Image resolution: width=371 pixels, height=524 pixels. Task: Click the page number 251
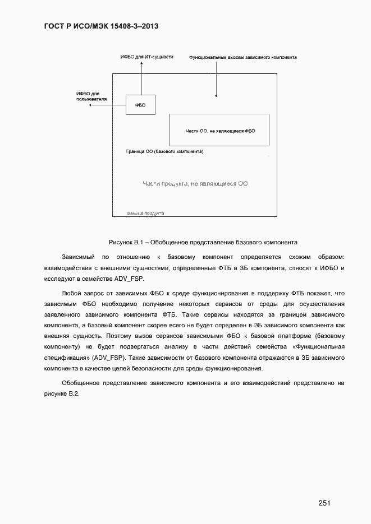coord(324,488)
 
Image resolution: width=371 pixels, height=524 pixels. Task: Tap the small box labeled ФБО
coord(140,105)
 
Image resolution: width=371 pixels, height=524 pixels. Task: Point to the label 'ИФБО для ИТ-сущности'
coord(147,57)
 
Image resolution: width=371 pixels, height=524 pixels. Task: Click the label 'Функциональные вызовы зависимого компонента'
coord(242,57)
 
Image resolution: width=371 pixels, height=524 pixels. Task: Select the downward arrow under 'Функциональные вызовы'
coord(217,81)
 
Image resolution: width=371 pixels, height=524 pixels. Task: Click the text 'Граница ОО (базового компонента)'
coord(165,152)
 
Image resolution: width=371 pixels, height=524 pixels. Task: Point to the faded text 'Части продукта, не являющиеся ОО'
coord(195,183)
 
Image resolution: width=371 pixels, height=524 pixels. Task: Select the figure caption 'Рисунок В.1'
coord(203,242)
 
